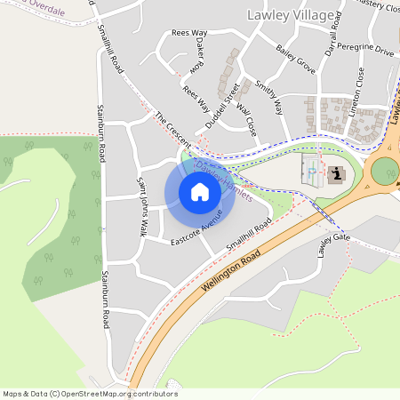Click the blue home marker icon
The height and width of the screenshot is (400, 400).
click(200, 192)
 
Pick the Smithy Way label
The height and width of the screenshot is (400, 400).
click(268, 98)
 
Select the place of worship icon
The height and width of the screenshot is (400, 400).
click(337, 173)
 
